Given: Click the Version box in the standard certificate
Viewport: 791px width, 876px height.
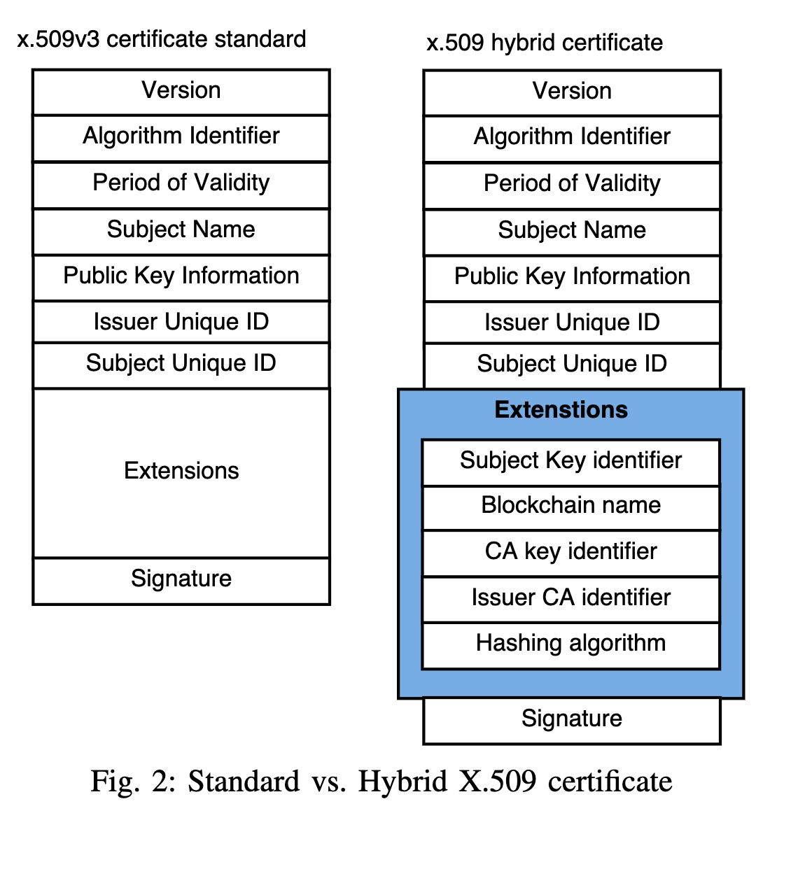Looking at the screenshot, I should tap(181, 91).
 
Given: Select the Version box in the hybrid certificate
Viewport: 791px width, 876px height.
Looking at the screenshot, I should tap(572, 92).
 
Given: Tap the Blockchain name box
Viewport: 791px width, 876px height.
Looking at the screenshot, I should tap(570, 506).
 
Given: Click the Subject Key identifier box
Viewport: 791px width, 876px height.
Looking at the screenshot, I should tap(570, 461).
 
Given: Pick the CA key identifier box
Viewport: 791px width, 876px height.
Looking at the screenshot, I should tap(570, 552).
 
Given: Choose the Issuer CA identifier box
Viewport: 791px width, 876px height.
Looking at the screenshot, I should tap(570, 598).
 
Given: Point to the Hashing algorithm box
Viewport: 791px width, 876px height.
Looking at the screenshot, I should tap(570, 644).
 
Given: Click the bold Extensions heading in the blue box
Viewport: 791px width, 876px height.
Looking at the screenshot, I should tap(561, 410).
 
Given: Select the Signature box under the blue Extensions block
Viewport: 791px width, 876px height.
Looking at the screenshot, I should tap(572, 719).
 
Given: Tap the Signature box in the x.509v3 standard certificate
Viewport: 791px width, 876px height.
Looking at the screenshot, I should tap(181, 579).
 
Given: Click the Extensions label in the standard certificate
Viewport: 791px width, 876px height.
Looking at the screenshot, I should tap(181, 471).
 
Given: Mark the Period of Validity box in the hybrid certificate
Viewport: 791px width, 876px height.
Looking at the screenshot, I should tap(572, 184).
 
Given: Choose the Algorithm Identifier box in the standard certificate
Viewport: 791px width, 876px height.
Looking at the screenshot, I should tap(181, 136).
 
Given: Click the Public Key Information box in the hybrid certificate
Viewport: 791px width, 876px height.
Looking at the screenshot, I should tap(572, 277).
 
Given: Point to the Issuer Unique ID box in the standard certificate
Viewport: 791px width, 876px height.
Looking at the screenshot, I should tap(181, 323).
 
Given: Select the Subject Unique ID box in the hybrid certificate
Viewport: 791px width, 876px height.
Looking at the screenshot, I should tap(572, 365).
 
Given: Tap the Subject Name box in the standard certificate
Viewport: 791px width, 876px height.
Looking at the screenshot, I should tap(181, 230).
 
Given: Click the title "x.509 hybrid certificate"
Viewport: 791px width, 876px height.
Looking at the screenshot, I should tap(545, 43).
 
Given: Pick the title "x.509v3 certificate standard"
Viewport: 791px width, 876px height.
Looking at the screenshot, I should tap(162, 39).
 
